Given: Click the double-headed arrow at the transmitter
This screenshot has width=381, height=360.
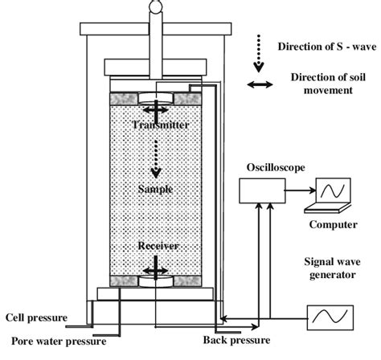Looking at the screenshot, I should (x=154, y=108).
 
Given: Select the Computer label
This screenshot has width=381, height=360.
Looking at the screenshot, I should (x=333, y=226).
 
